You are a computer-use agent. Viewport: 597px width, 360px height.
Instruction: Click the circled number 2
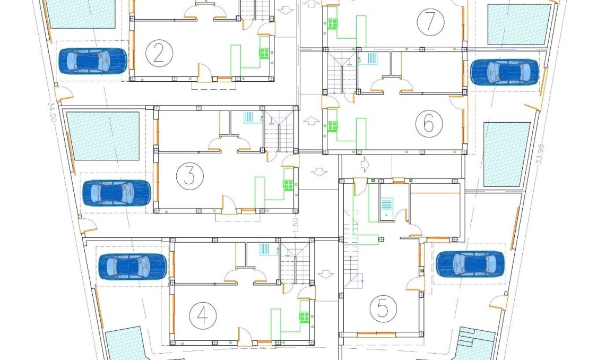[158, 55]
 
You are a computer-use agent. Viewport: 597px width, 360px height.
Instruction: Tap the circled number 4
[203, 315]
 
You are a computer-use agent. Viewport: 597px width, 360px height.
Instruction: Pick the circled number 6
[429, 124]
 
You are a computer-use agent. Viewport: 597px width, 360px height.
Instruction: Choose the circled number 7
[430, 22]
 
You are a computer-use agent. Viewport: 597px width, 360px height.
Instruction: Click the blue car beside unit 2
[92, 61]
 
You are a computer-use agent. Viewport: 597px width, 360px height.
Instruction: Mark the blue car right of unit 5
[470, 264]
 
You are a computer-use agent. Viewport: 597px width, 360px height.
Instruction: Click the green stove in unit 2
[264, 53]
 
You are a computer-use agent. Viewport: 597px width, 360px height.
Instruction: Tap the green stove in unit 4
[304, 317]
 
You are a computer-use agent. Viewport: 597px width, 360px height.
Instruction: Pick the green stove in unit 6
[333, 126]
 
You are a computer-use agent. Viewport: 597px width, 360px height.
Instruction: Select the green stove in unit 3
[288, 185]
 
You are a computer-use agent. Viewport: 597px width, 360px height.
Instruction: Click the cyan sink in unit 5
[386, 205]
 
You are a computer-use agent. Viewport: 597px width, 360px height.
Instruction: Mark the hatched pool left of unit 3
[103, 136]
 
